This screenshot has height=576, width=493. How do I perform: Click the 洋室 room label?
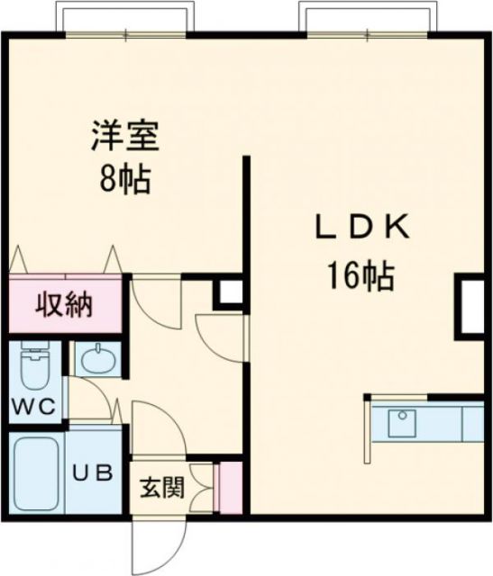click(x=124, y=138)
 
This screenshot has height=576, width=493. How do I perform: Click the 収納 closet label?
click(x=64, y=305)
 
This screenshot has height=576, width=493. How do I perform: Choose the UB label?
click(x=91, y=472)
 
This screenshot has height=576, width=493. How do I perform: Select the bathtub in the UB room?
click(x=36, y=474)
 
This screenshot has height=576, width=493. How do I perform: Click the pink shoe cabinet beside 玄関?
click(x=231, y=488)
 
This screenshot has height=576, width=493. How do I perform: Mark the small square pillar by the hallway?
click(x=229, y=292)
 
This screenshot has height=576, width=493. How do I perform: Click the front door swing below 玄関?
click(x=153, y=544)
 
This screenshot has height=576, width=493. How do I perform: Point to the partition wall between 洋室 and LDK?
click(x=243, y=216)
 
